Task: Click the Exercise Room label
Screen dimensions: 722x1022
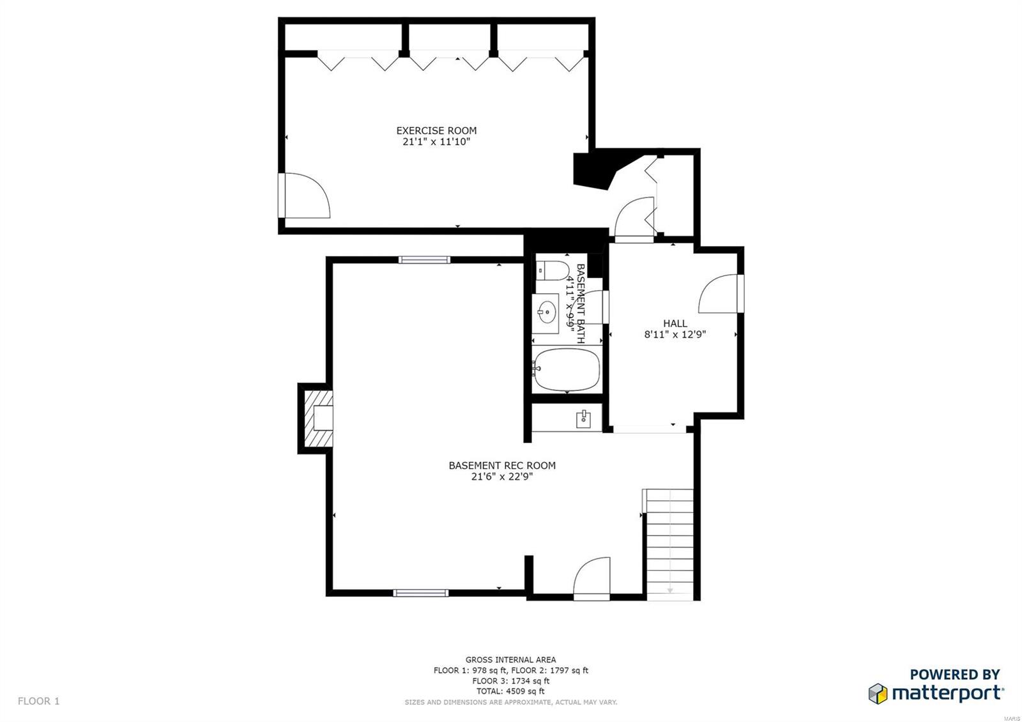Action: (436, 130)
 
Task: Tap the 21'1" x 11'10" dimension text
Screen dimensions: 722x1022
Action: (436, 142)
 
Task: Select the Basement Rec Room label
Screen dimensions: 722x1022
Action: (501, 465)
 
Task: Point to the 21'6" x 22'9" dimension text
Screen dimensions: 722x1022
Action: (501, 477)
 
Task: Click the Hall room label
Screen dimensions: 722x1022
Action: (675, 323)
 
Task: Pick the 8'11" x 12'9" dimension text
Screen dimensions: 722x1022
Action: (675, 334)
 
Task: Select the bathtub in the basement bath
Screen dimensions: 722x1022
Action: (567, 369)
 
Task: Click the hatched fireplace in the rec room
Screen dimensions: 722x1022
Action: (317, 419)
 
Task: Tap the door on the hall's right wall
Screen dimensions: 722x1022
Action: (721, 294)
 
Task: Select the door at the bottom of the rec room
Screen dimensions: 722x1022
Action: (591, 579)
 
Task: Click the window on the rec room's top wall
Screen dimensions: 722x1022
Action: (424, 259)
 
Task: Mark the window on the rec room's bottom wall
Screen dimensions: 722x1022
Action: (420, 593)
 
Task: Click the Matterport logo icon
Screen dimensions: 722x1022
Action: (878, 693)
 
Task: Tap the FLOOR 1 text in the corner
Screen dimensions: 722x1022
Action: (38, 701)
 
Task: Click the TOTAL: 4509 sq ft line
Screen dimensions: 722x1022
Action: (510, 691)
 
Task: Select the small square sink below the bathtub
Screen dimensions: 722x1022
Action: (584, 419)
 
